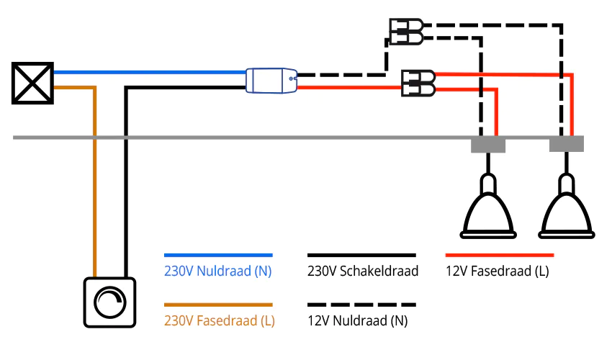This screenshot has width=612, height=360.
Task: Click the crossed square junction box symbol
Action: [x=33, y=82]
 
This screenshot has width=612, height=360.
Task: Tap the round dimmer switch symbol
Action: [x=109, y=302]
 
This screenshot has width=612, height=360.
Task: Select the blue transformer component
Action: [x=271, y=80]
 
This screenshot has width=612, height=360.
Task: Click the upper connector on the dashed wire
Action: [x=405, y=32]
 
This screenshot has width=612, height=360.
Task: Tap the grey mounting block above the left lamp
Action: [x=488, y=145]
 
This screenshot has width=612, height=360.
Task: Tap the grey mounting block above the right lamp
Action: [x=567, y=145]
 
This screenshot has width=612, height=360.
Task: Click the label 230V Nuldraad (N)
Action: [x=218, y=271]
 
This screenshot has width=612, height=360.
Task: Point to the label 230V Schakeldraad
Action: [x=362, y=271]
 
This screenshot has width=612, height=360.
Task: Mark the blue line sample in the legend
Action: [x=218, y=255]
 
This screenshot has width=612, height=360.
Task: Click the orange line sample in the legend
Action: [x=218, y=305]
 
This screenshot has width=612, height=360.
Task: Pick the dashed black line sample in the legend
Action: [x=361, y=305]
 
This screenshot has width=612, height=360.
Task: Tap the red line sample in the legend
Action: [x=500, y=255]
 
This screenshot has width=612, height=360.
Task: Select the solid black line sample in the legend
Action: [x=361, y=255]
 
